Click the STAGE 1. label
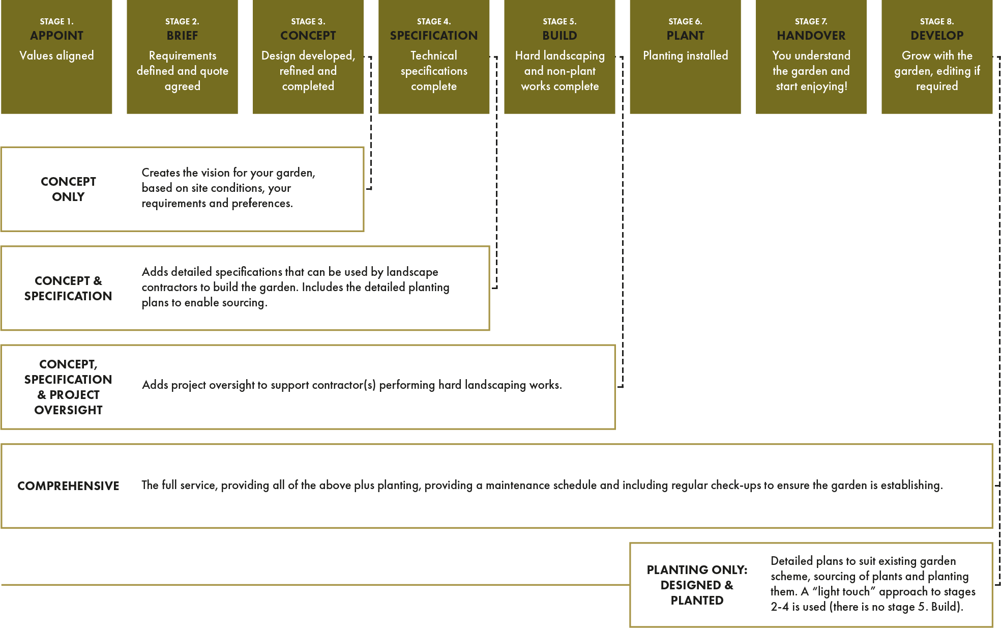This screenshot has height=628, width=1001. [x=56, y=21]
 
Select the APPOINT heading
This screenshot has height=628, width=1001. [x=56, y=36]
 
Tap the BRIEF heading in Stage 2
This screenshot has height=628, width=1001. [x=182, y=36]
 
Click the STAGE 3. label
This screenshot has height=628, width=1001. [x=308, y=21]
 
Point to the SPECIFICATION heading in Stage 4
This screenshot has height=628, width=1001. [x=434, y=36]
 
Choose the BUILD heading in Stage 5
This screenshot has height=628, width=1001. [x=560, y=36]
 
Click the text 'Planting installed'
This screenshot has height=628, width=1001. [x=685, y=55]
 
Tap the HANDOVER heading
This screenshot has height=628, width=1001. [x=811, y=36]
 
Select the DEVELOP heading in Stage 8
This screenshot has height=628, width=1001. [x=937, y=36]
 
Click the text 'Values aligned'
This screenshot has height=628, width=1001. [x=56, y=55]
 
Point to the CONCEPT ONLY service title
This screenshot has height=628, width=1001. [x=68, y=189]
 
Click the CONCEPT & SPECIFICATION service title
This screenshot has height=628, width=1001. [x=68, y=288]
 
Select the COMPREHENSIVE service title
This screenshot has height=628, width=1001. [x=68, y=486]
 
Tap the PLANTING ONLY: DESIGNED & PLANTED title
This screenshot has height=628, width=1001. [x=697, y=585]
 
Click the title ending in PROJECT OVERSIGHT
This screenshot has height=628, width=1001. [x=68, y=387]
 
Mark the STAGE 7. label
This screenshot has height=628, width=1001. [x=811, y=21]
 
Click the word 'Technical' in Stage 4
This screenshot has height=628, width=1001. [x=434, y=55]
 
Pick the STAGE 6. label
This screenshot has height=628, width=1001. [x=685, y=21]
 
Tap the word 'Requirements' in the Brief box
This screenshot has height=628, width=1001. [x=182, y=55]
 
